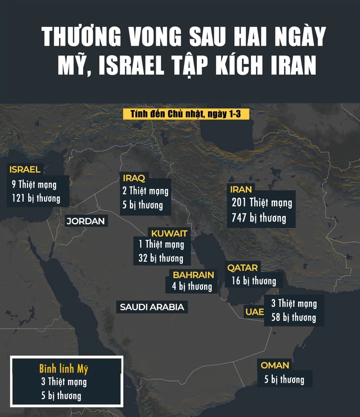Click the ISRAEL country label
pyautogui.click(x=25, y=170)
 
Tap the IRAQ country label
pyautogui.click(x=134, y=178)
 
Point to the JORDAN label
pyautogui.click(x=85, y=221)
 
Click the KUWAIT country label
pyautogui.click(x=169, y=233)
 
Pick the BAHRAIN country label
pyautogui.click(x=193, y=275)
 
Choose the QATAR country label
pyautogui.click(x=242, y=268)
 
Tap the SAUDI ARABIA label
pyautogui.click(x=152, y=307)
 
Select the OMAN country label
pyautogui.click(x=274, y=365)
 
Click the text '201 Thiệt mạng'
pyautogui.click(x=262, y=203)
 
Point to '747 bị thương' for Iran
pyautogui.click(x=258, y=218)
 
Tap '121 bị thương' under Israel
pyautogui.click(x=36, y=198)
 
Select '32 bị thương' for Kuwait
pyautogui.click(x=161, y=259)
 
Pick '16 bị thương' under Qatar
pyautogui.click(x=254, y=280)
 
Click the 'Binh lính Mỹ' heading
pyautogui.click(x=64, y=369)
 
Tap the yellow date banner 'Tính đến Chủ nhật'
pyautogui.click(x=186, y=114)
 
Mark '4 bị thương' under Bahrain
pyautogui.click(x=192, y=287)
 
